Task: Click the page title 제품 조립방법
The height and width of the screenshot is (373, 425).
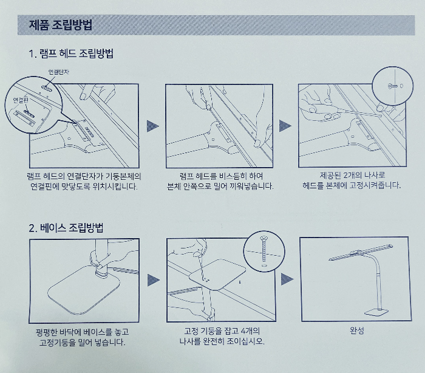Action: pos(60,25)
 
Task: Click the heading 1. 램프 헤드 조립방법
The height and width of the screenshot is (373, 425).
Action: pos(71,53)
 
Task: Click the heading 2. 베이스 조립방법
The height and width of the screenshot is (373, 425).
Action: pos(66,228)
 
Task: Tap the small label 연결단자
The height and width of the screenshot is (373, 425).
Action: pos(58,72)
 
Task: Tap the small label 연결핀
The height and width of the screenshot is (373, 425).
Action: pos(21,100)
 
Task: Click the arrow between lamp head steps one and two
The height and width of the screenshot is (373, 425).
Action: pos(152,126)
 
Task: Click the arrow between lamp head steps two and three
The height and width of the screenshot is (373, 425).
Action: pos(285,126)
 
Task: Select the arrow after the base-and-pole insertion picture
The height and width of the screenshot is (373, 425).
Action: pos(153,280)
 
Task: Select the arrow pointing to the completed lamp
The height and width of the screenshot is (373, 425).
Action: pos(287,279)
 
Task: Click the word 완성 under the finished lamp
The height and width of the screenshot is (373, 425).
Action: pos(357,330)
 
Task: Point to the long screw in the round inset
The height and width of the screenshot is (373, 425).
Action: pos(263,248)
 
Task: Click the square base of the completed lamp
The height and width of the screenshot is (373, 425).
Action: pos(376,312)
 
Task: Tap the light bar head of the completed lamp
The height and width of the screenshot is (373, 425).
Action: pos(361,253)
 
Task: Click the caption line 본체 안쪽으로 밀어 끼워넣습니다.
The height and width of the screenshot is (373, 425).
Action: pos(220,187)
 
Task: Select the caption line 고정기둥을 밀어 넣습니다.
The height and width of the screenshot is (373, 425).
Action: pos(83,343)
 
